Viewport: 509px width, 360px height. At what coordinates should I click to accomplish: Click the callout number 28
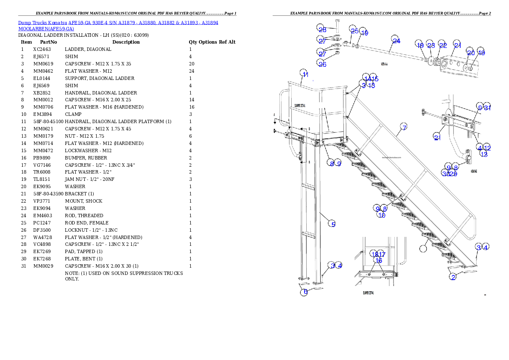point(322,29)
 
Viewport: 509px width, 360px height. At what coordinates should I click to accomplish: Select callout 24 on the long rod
point(396,41)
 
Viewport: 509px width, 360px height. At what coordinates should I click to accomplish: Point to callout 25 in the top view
point(354,30)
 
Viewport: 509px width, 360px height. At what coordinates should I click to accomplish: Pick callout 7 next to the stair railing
point(404,127)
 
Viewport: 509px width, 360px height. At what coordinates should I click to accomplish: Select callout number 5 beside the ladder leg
point(333,224)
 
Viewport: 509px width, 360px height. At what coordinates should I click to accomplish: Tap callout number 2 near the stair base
point(453,277)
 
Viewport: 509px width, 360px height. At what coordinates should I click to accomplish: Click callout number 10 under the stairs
point(381,215)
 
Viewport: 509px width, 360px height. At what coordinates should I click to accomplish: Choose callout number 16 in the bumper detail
point(378,260)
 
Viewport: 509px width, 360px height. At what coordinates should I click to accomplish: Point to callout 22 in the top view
point(442,45)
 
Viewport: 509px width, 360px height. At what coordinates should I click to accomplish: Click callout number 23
point(430,45)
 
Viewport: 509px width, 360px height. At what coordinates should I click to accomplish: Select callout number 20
point(470,52)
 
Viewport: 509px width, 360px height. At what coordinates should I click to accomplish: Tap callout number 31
point(487,108)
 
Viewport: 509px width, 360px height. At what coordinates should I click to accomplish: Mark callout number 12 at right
point(487,148)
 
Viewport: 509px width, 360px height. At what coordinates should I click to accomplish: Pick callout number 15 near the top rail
point(374,79)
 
